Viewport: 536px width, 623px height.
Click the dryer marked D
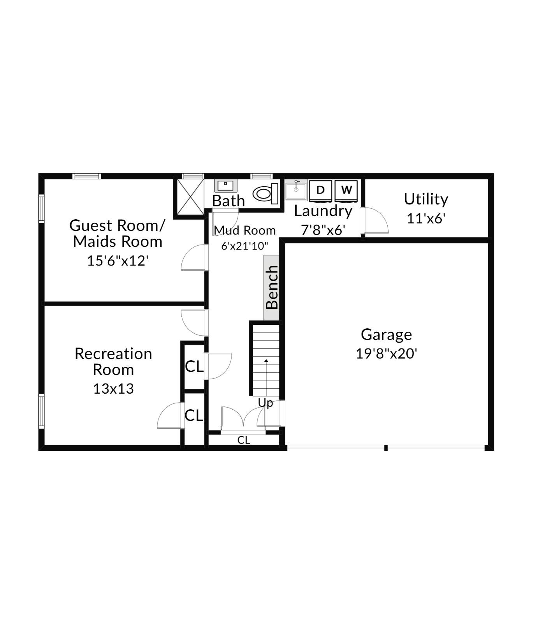(x=320, y=190)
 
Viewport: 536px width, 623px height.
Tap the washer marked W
(x=346, y=190)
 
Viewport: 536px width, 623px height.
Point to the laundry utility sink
(x=296, y=190)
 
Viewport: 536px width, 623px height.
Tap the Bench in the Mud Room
(x=272, y=287)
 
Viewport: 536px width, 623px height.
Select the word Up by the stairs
(x=265, y=403)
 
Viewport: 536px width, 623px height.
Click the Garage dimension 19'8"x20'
(x=386, y=354)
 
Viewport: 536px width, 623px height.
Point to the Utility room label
(x=426, y=199)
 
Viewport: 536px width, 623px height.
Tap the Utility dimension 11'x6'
(x=426, y=218)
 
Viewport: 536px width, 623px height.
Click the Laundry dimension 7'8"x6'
(x=323, y=230)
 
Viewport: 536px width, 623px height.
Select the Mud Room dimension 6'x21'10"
(x=244, y=246)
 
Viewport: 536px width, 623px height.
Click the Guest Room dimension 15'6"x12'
(x=117, y=260)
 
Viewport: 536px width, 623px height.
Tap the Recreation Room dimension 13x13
(x=113, y=389)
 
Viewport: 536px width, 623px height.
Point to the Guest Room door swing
(x=193, y=258)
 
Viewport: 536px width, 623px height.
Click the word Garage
(x=386, y=334)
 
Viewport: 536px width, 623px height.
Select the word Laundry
(x=323, y=211)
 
